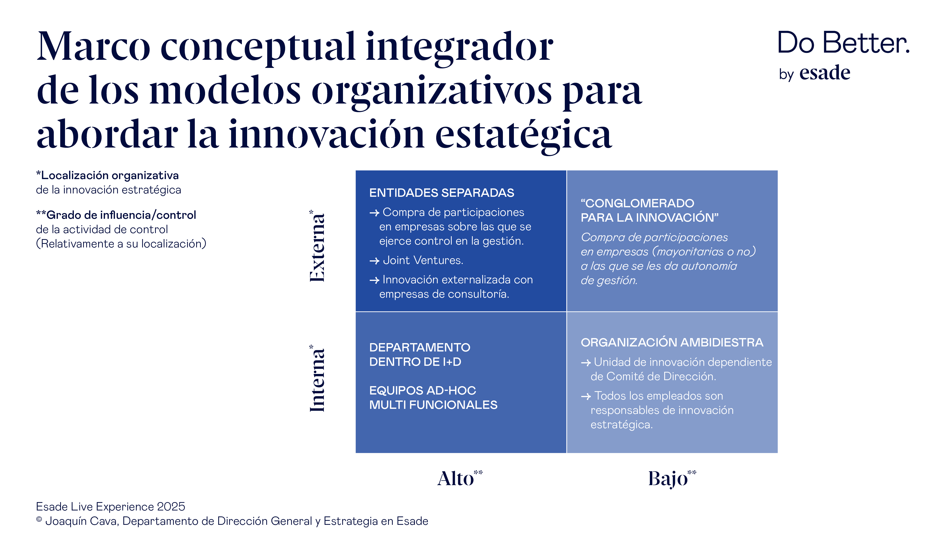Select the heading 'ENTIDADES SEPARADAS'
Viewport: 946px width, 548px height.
tap(441, 193)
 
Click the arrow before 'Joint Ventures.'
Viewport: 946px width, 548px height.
tap(374, 261)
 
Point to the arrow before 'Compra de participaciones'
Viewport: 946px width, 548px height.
tap(374, 213)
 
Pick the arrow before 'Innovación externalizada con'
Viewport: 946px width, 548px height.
tap(374, 280)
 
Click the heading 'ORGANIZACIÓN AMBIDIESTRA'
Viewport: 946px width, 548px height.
tap(672, 343)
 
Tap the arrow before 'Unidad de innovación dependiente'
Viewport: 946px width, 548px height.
tap(586, 363)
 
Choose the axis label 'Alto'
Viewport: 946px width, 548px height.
tap(455, 479)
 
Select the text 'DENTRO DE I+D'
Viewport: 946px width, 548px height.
tap(415, 362)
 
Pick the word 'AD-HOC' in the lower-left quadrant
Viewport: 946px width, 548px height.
tap(451, 391)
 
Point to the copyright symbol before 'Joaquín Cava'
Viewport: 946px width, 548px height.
tap(39, 520)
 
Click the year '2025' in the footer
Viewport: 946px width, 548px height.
tap(171, 507)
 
